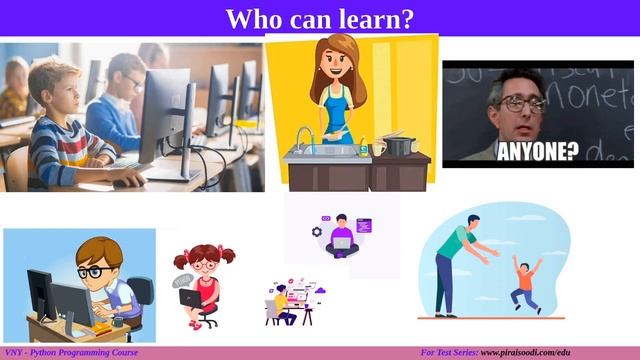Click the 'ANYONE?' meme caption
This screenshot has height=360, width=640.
pos(538,151)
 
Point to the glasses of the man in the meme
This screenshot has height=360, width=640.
pos(522,102)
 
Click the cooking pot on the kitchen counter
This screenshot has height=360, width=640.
pos(400,146)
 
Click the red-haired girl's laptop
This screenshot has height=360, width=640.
pos(190,297)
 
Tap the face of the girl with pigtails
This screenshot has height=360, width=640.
pos(204,265)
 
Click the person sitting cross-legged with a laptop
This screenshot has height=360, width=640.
pos(341,236)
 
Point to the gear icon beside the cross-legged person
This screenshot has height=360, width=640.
pos(317,232)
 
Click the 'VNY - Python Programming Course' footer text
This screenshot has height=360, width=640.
pos(69,353)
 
